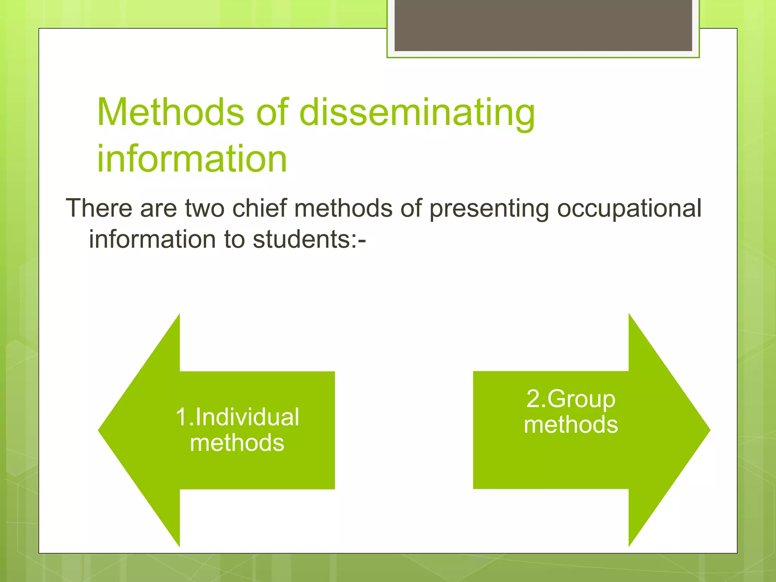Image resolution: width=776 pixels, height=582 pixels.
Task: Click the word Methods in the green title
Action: tap(171, 112)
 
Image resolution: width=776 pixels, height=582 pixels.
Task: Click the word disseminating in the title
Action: tap(417, 113)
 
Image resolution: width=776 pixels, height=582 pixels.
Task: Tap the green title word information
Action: tap(192, 159)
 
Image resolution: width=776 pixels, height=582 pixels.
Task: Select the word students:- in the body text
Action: tap(309, 239)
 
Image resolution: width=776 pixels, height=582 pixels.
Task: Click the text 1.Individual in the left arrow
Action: tap(237, 417)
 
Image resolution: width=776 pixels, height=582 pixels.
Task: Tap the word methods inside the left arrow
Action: tap(237, 443)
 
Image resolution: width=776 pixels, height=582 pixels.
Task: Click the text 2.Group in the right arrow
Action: tap(571, 399)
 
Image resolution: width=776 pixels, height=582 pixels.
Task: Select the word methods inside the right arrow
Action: tap(571, 424)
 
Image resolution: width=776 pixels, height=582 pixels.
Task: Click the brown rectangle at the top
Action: tap(543, 25)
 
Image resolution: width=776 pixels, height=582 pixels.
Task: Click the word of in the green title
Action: tap(272, 112)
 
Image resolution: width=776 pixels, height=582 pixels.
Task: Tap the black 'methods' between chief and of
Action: tap(343, 208)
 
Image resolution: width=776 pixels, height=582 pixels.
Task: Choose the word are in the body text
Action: tap(158, 209)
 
